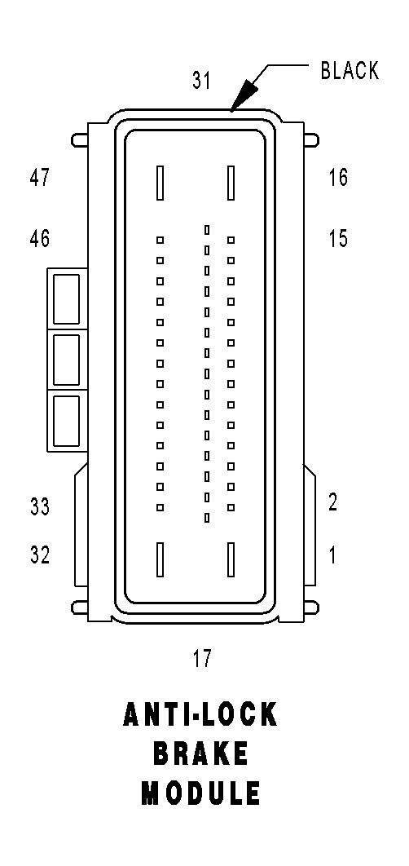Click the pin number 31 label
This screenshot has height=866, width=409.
[201, 81]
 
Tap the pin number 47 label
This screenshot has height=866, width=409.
[39, 178]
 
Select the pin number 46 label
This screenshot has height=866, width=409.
[39, 239]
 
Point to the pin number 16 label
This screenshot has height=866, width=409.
[338, 177]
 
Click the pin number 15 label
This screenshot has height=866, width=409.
[338, 239]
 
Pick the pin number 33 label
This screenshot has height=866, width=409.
[40, 506]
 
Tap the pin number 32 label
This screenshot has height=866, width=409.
[40, 555]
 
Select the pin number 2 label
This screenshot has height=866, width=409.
[333, 502]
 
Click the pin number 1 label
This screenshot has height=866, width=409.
[333, 555]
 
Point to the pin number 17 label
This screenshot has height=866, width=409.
[202, 658]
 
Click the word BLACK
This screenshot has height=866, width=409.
[350, 71]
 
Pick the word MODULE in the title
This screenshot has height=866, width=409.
[201, 793]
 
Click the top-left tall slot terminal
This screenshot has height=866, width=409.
[160, 183]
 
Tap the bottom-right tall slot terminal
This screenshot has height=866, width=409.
[231, 559]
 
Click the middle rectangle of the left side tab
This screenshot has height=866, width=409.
[66, 360]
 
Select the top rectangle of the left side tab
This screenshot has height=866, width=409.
[66, 298]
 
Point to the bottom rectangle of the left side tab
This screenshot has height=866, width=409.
[66, 421]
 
